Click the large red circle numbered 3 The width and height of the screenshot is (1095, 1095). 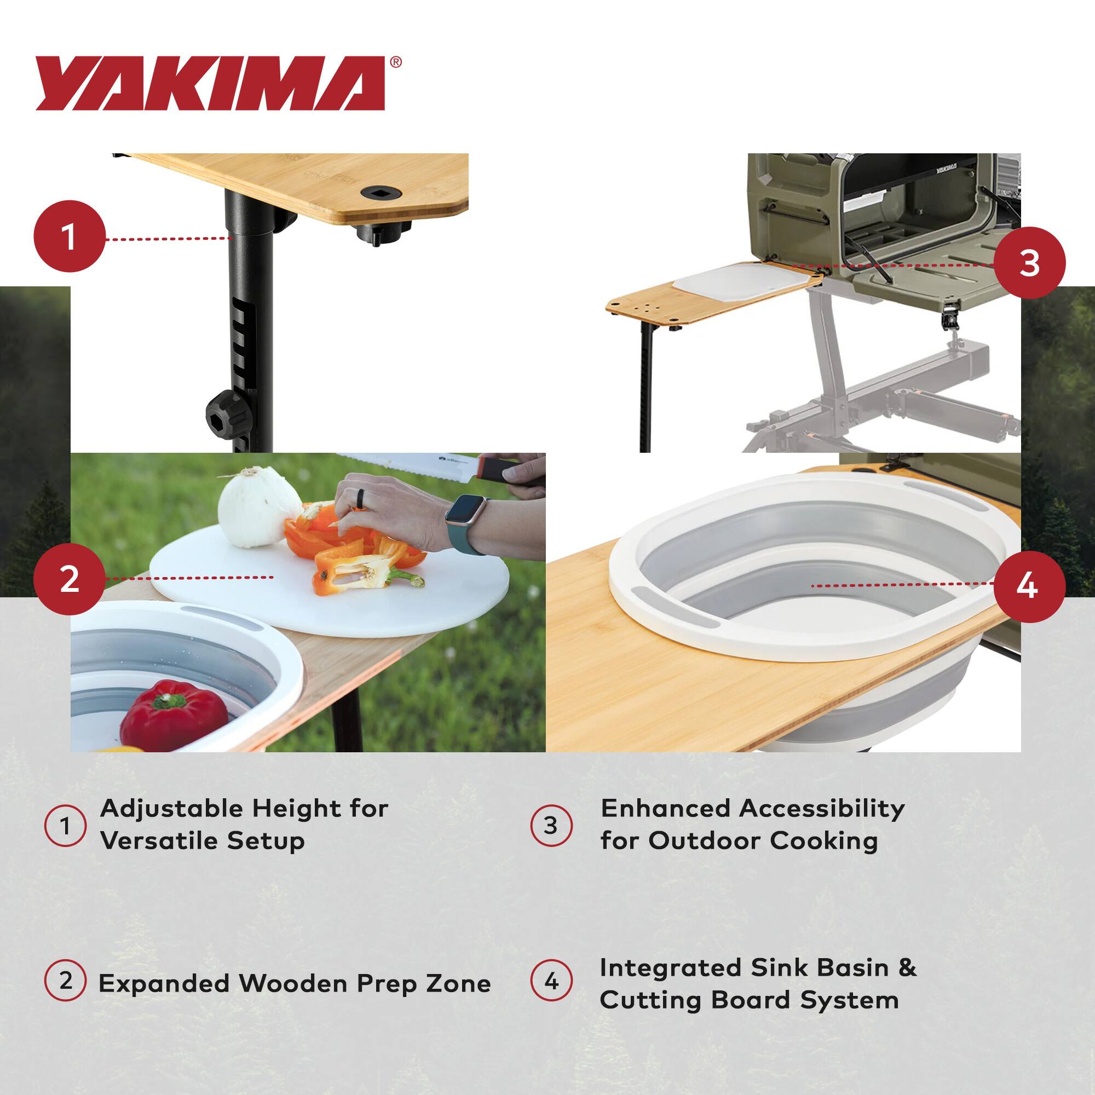1029,263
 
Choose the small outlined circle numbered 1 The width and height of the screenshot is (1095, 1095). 65,826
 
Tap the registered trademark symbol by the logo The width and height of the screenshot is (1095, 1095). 396,62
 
